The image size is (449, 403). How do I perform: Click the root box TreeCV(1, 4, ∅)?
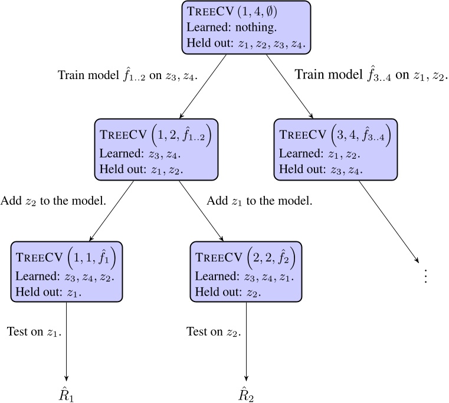point(247,27)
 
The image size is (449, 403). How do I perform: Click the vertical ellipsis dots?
point(426,276)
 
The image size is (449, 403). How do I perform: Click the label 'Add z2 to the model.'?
point(53,201)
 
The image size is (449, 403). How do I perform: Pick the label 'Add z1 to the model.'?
point(260,201)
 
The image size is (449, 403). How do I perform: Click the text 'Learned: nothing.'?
point(224,27)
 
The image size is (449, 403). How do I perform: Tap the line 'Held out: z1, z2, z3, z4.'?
point(247,43)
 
